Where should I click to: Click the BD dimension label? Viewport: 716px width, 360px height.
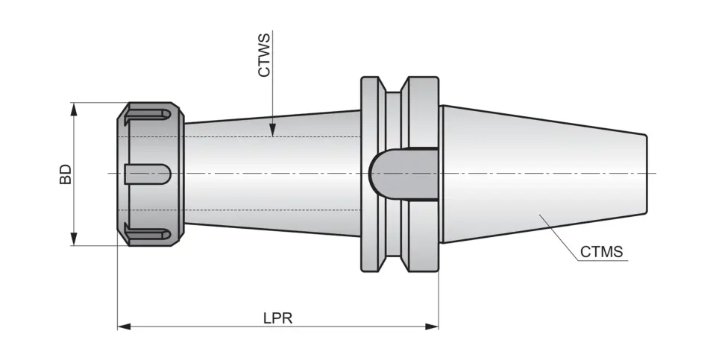66,174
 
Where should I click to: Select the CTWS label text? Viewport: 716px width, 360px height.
264,56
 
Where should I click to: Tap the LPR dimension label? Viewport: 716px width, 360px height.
277,318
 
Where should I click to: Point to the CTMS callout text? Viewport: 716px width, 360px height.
601,251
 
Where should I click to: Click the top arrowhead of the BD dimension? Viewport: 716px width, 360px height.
74,109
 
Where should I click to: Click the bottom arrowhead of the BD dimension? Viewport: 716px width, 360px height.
74,239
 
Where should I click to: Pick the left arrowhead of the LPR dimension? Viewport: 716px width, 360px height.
124,326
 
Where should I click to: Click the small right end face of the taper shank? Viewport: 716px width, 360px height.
647,174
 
